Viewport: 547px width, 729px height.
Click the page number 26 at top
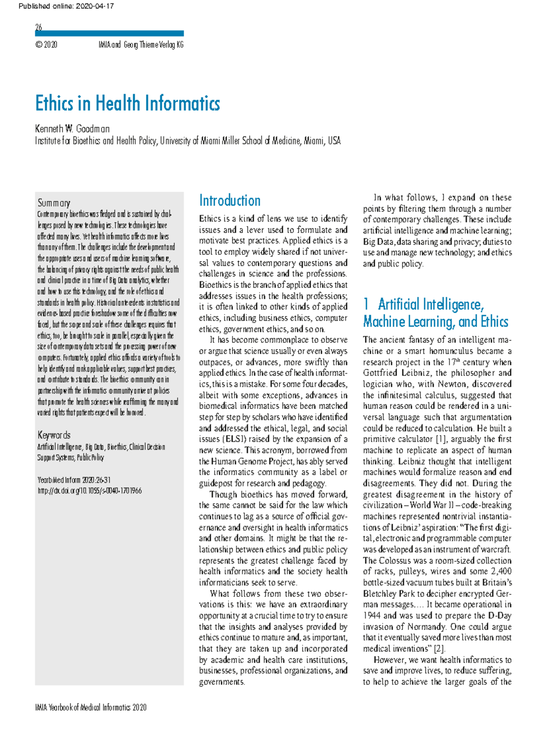pos(39,27)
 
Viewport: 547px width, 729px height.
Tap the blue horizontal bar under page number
pos(109,33)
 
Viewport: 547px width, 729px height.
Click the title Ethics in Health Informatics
pos(128,103)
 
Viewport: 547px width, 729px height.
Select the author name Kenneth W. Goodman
pos(72,129)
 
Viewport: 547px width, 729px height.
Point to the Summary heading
pos(54,203)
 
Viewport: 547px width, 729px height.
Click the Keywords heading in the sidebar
pos(54,435)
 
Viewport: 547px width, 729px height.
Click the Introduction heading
pos(230,201)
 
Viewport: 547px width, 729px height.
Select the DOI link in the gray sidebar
pos(89,491)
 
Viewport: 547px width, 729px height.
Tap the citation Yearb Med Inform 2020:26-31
pos(74,480)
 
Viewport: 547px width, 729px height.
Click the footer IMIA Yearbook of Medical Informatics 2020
pos(91,708)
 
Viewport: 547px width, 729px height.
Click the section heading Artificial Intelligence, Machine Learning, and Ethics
pos(435,313)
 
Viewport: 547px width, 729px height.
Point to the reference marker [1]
pos(440,439)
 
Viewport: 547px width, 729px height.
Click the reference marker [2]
pos(439,648)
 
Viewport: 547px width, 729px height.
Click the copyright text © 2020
pos(46,45)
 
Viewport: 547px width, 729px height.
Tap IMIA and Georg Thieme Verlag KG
pos(141,45)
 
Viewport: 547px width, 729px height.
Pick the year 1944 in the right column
pos(372,615)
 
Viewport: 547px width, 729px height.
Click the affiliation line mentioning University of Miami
pos(188,141)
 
